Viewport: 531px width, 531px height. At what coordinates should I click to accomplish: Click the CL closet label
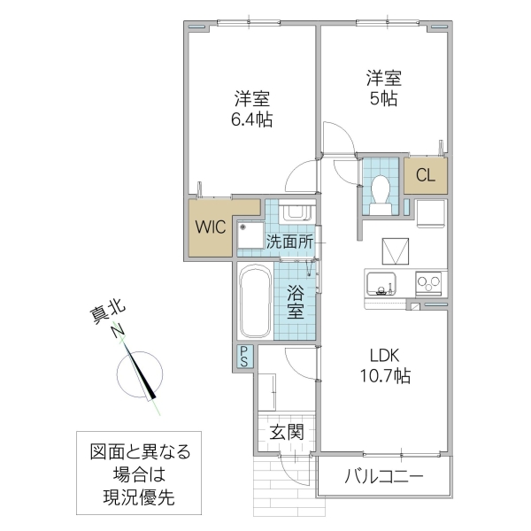tap(426, 175)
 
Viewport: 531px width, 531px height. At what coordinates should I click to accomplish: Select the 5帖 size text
tap(383, 99)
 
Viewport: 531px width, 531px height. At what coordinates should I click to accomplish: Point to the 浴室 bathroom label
tap(296, 301)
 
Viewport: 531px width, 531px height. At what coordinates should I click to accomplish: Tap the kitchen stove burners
tap(430, 285)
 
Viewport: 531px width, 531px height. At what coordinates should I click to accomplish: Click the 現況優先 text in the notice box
tap(140, 497)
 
